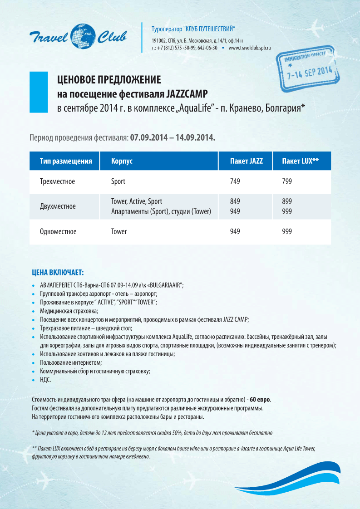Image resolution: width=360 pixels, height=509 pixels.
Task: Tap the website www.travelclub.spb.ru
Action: (x=249, y=48)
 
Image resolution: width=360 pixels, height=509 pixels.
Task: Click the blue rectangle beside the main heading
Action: (x=39, y=92)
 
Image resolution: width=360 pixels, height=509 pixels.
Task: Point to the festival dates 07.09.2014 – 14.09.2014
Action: (x=173, y=137)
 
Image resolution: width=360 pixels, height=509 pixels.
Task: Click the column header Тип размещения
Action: (x=66, y=161)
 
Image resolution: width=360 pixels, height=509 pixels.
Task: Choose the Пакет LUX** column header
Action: (x=300, y=161)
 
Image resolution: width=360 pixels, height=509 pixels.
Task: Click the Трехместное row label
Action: (x=58, y=181)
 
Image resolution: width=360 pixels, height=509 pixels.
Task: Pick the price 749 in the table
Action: (x=235, y=181)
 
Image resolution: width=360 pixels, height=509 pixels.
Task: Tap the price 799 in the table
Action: (x=287, y=181)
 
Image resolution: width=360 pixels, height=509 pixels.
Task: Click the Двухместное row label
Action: (x=58, y=206)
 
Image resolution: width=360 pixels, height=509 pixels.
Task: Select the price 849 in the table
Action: (x=235, y=201)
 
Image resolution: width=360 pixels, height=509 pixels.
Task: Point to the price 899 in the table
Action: (x=287, y=201)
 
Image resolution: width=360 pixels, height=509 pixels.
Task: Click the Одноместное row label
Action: (x=59, y=231)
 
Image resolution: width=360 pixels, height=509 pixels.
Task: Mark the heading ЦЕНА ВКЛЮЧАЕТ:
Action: (x=58, y=273)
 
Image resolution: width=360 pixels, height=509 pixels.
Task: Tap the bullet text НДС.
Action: (x=45, y=379)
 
